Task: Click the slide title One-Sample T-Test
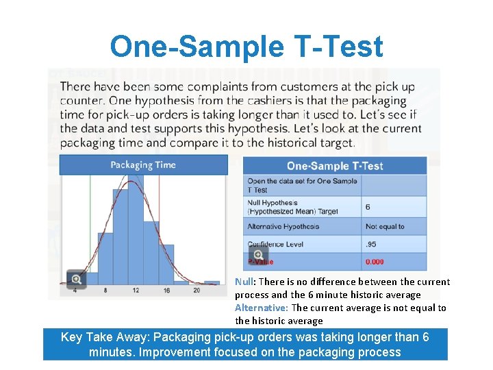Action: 246,47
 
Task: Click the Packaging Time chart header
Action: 143,164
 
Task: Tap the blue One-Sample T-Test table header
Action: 334,166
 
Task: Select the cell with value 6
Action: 368,206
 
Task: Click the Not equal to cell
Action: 385,226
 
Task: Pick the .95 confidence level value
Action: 370,244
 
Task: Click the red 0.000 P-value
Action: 375,262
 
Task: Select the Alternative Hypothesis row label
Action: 283,226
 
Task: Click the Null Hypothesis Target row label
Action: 292,207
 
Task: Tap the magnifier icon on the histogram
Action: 76,279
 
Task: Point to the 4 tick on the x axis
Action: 74,291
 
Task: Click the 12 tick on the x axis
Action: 136,291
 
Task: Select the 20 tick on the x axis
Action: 197,291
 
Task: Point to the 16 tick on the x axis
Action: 166,291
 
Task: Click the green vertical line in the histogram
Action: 90,226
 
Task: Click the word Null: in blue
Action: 245,282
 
